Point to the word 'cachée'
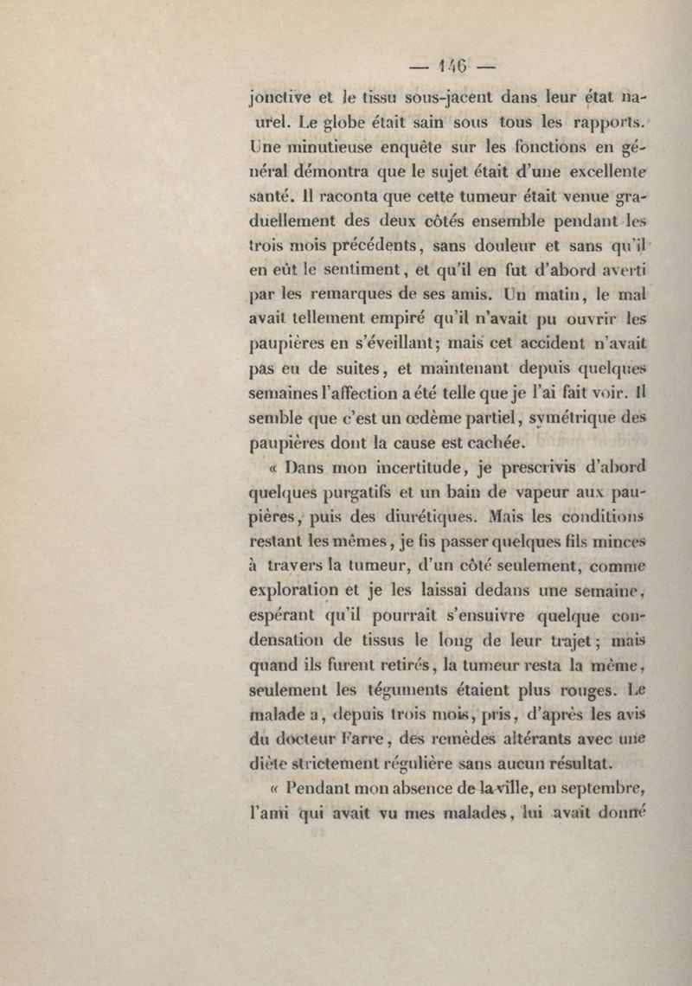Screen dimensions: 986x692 point(494,445)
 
